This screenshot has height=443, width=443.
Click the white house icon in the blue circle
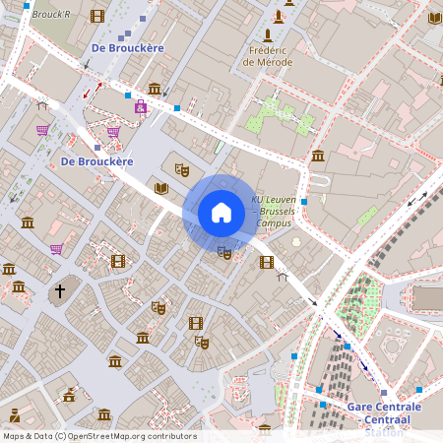click(x=221, y=212)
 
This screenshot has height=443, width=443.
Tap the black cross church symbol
click(x=59, y=291)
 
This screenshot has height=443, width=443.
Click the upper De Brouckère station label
click(x=126, y=47)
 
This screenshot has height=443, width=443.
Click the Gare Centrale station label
click(x=384, y=411)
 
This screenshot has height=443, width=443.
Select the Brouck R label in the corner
click(x=51, y=15)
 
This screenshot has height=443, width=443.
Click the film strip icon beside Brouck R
click(x=96, y=16)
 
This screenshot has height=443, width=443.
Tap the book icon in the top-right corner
click(x=435, y=17)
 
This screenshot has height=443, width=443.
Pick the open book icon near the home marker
click(x=162, y=188)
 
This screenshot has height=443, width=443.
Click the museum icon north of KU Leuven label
click(x=318, y=156)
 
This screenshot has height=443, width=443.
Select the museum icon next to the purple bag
click(x=155, y=89)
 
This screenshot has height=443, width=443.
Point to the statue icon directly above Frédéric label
click(x=280, y=17)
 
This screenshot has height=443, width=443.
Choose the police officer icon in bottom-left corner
click(x=15, y=415)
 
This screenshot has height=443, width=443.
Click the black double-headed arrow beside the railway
click(x=417, y=198)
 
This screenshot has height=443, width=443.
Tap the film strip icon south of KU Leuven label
click(x=266, y=262)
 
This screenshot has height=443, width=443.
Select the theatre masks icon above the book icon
click(x=181, y=168)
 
